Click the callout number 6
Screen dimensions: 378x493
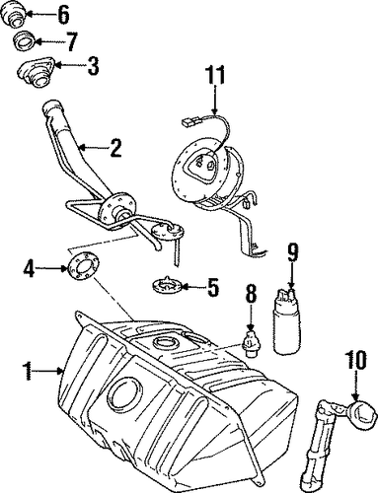pyautogui.click(x=63, y=14)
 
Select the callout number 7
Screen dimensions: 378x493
pyautogui.click(x=72, y=41)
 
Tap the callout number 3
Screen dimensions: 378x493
pyautogui.click(x=93, y=66)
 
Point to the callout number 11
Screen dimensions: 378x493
pyautogui.click(x=215, y=75)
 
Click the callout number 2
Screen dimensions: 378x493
pyautogui.click(x=115, y=149)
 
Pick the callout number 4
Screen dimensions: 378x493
pyautogui.click(x=29, y=269)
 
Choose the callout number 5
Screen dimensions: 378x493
pyautogui.click(x=213, y=287)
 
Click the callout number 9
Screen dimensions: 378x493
pyautogui.click(x=292, y=253)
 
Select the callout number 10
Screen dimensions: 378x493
pyautogui.click(x=356, y=360)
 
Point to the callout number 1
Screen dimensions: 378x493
pyautogui.click(x=29, y=371)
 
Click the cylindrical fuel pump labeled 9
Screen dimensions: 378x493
pyautogui.click(x=286, y=321)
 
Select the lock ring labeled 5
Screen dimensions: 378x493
pyautogui.click(x=168, y=284)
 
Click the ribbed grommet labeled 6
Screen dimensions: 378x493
pyautogui.click(x=13, y=16)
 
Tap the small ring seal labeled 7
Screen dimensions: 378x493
pyautogui.click(x=25, y=41)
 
